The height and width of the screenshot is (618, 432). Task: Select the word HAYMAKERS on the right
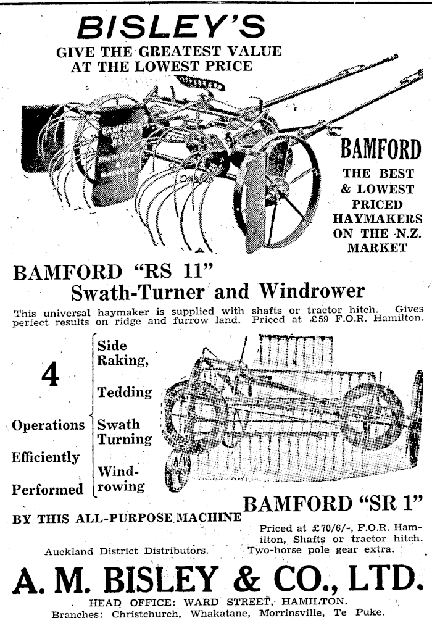(x=377, y=219)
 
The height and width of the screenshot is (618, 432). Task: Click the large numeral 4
(x=51, y=376)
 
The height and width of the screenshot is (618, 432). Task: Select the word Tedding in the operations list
(x=124, y=392)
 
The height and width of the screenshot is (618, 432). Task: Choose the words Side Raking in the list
(x=123, y=354)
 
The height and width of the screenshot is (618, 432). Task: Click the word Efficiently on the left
(x=46, y=457)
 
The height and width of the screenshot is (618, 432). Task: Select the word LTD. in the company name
(x=379, y=578)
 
